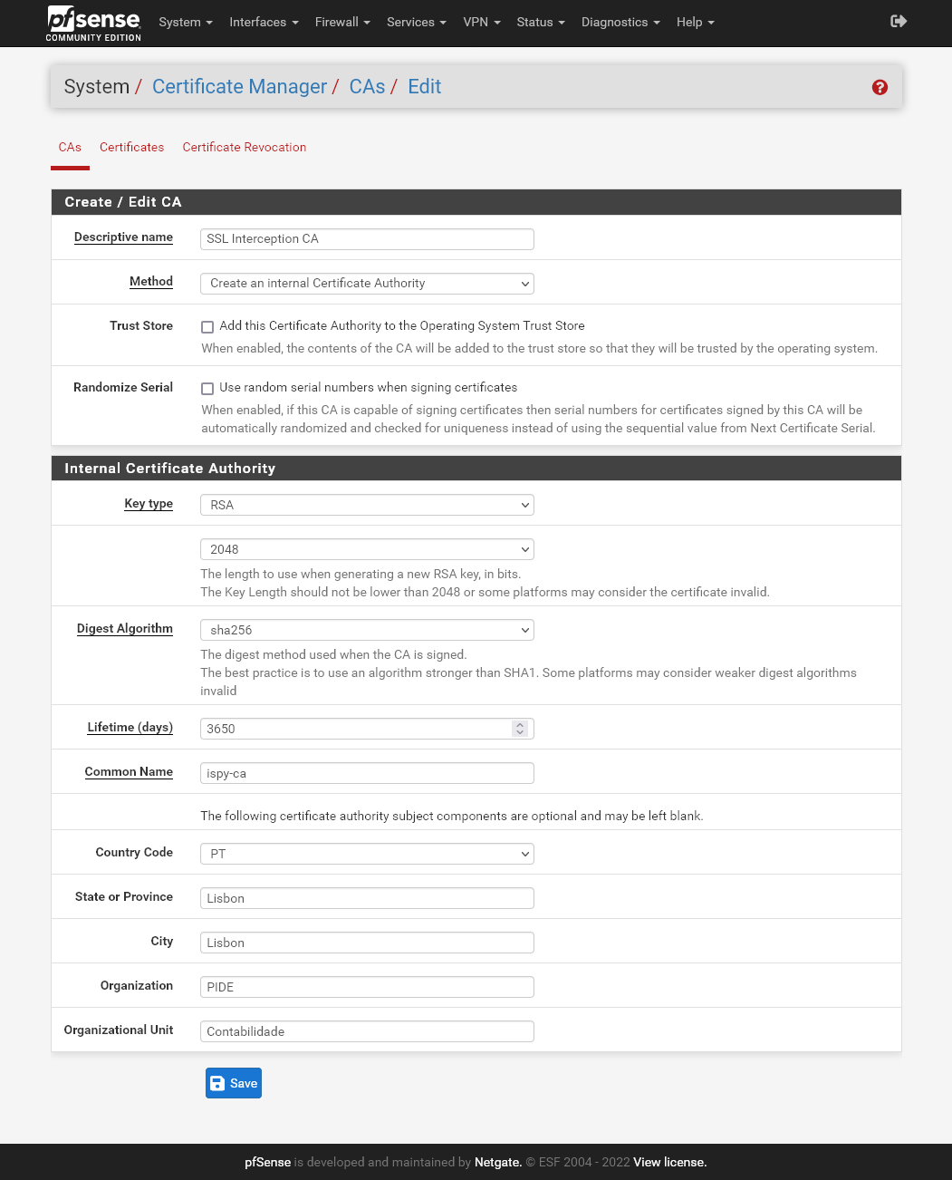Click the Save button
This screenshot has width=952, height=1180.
coord(234,1083)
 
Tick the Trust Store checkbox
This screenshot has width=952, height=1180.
coord(207,327)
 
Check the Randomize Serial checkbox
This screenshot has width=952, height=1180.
coord(207,389)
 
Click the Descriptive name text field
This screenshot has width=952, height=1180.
coord(367,239)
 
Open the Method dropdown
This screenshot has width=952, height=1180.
coord(367,284)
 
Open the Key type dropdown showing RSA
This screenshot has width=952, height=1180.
coord(367,505)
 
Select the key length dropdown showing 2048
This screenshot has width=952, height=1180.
coord(367,549)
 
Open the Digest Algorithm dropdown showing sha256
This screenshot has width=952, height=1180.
coord(367,630)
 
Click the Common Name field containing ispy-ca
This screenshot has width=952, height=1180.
coord(367,773)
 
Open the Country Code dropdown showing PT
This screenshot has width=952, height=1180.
coord(367,854)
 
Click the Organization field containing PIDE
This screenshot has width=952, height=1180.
coord(367,987)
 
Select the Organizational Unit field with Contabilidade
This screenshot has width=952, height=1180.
coord(367,1031)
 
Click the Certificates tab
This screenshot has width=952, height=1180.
coord(132,147)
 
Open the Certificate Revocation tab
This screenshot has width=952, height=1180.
coord(245,147)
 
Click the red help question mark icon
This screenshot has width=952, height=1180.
coord(880,87)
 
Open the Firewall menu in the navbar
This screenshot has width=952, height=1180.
coord(342,22)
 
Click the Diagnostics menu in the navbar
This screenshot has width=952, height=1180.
coord(620,22)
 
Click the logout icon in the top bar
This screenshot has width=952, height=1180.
coord(899,21)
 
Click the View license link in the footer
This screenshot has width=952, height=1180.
coord(669,1162)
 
